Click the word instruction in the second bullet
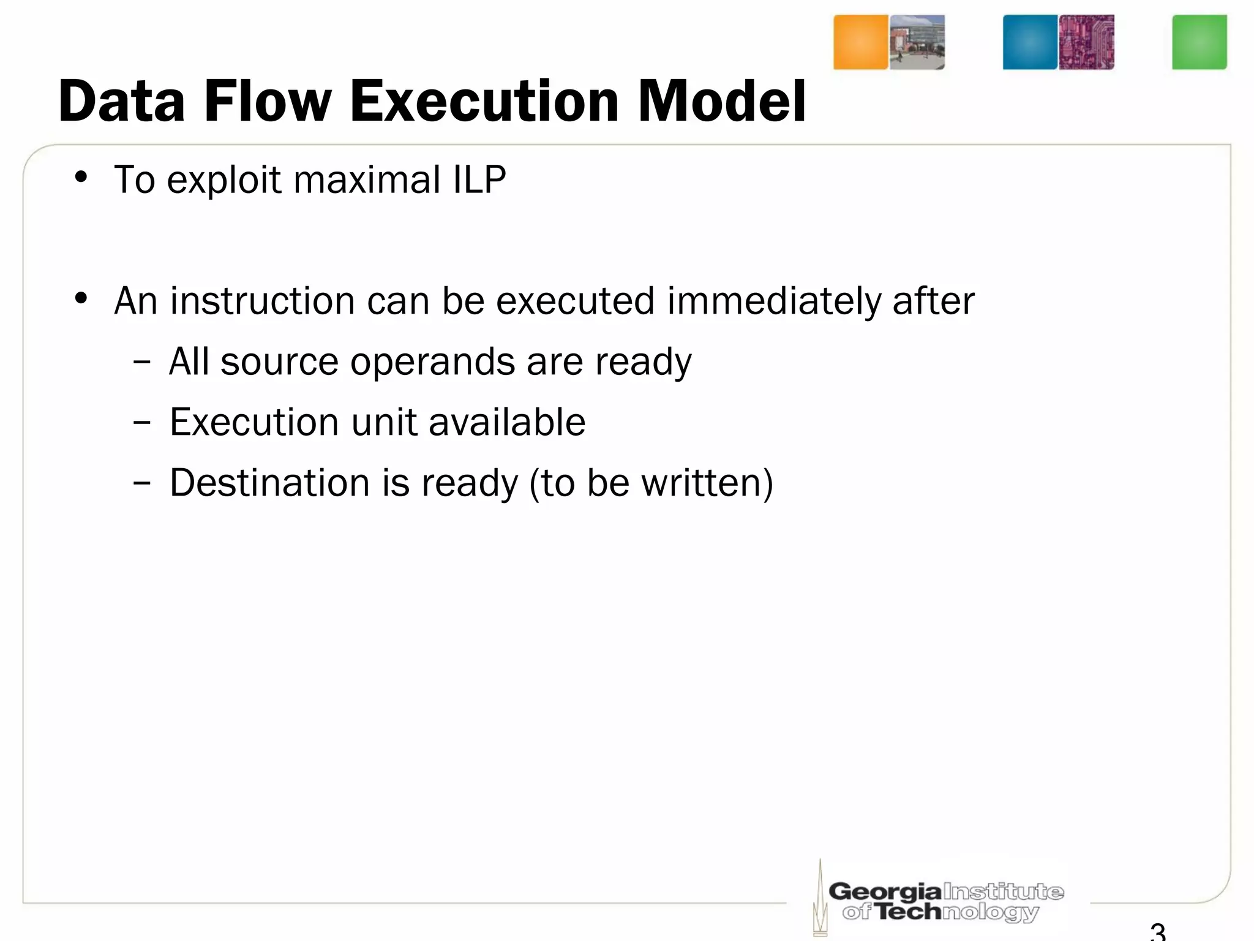(x=262, y=301)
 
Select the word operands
(x=432, y=361)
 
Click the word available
(x=507, y=422)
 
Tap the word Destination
(x=270, y=483)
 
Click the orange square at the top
(x=860, y=42)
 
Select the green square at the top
(x=1199, y=42)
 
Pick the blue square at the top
(x=1029, y=42)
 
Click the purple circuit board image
(x=1086, y=42)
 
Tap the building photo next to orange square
(x=917, y=42)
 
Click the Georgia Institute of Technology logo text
(x=945, y=901)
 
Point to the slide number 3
(x=1157, y=932)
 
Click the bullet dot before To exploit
(x=81, y=178)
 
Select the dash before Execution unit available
(x=141, y=423)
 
